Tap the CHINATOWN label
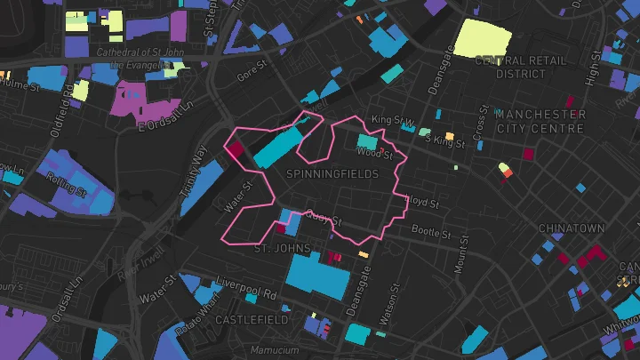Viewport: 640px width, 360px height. (571, 228)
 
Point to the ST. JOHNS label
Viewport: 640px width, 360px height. (281, 249)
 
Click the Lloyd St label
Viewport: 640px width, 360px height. (422, 203)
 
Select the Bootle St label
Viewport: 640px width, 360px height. (431, 233)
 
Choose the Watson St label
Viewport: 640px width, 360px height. (385, 313)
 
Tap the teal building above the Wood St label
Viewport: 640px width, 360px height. (366, 140)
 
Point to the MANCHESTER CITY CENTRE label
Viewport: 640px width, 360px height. (540, 122)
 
